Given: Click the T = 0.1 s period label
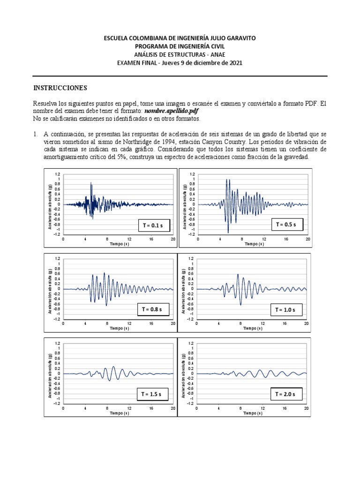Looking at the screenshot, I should click(x=152, y=225).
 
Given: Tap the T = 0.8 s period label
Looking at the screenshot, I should click(x=152, y=310).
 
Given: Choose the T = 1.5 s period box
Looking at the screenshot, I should click(x=152, y=395).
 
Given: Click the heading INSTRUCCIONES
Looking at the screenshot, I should click(x=60, y=88).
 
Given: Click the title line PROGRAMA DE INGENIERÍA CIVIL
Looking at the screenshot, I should click(x=180, y=46).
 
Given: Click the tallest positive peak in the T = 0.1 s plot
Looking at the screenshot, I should click(x=90, y=183).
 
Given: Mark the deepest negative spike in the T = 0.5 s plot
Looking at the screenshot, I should click(x=228, y=232).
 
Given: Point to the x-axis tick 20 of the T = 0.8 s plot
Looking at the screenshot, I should click(x=172, y=324).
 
